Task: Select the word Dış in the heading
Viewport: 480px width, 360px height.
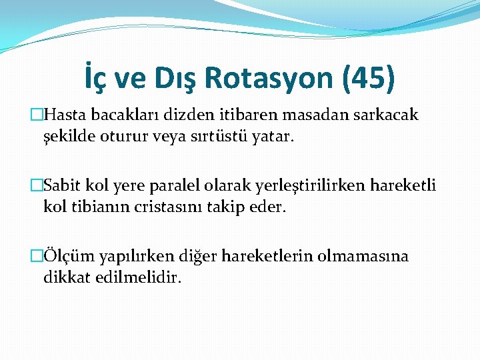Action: (x=174, y=78)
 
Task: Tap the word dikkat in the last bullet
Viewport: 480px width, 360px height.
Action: (x=66, y=277)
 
